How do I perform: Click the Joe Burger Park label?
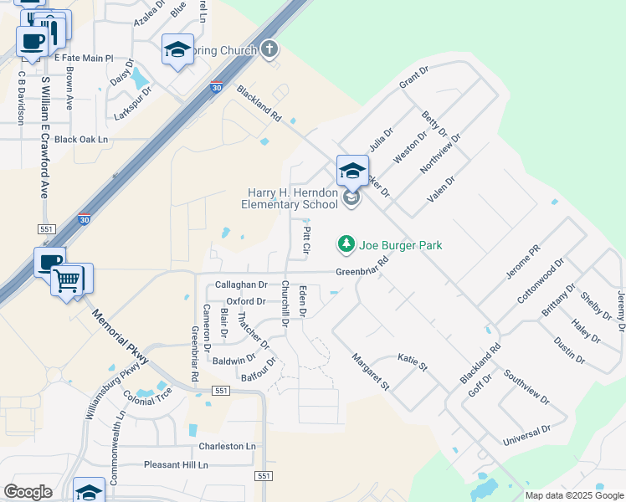400,245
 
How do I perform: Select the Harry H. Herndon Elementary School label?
290,198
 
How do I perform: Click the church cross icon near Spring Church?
269,50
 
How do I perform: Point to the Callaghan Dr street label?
241,285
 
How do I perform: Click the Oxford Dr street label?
246,301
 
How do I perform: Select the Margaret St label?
371,372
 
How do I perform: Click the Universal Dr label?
526,435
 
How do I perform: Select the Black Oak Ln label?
81,140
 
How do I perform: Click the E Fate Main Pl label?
83,58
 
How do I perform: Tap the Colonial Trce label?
147,392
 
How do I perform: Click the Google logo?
28,492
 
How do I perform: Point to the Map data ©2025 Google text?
573,495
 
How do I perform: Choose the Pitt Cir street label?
306,240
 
